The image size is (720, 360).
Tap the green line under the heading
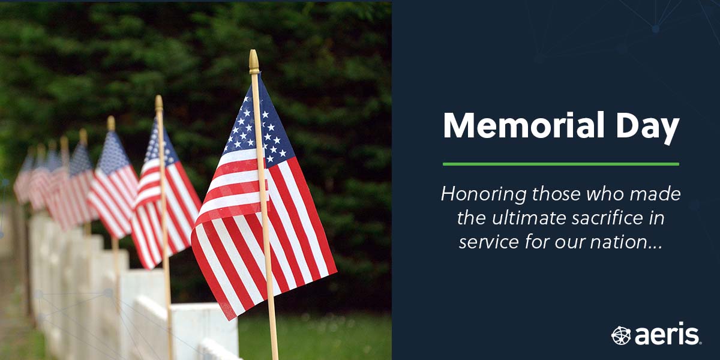click(x=560, y=164)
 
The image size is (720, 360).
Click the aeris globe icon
click(x=620, y=335)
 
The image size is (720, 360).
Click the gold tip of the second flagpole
click(x=159, y=103)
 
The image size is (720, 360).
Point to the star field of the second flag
click(x=155, y=145)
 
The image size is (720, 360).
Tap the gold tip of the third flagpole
click(x=111, y=122)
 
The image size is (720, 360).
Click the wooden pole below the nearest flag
click(x=271, y=324)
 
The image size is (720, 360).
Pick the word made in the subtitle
click(x=659, y=194)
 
